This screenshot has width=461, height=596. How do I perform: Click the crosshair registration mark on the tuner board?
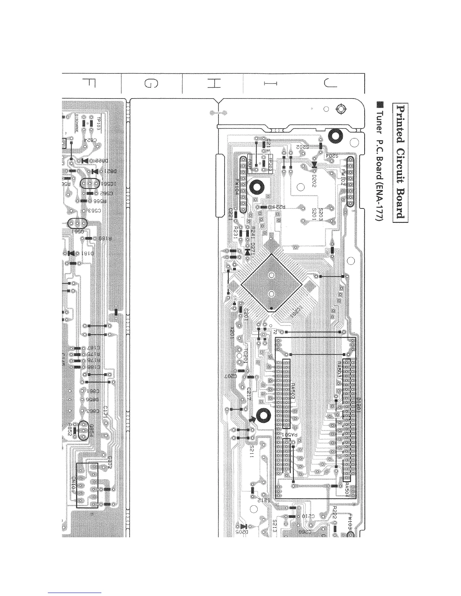[341, 109]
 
